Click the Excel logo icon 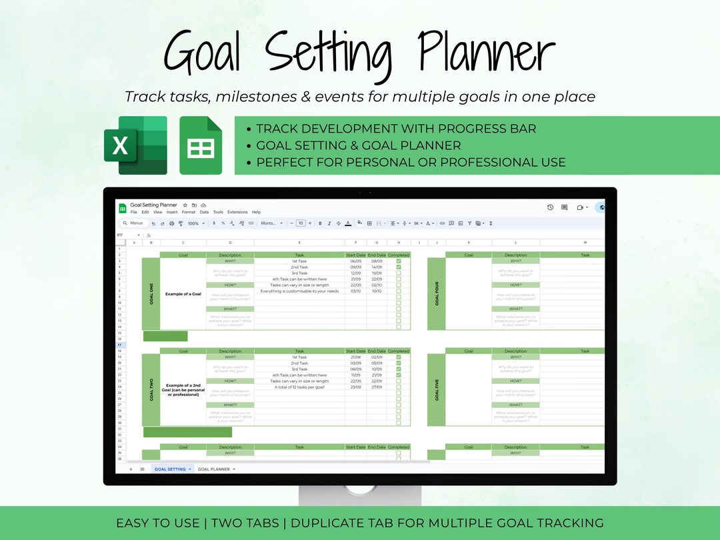[135, 145]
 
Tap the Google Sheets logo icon [201, 145]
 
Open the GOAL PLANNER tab [213, 469]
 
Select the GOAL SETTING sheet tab [171, 469]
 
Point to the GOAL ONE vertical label [151, 294]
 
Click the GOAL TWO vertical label [151, 390]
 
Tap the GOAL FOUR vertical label [437, 294]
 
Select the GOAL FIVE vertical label [437, 390]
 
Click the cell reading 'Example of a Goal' [183, 294]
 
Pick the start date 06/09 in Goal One [356, 261]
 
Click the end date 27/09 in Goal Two [377, 387]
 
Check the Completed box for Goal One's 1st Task [399, 261]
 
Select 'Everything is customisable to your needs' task [299, 291]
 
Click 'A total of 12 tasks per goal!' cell [299, 387]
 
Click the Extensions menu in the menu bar [237, 212]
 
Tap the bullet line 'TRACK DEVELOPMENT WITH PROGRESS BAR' [396, 129]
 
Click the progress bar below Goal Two [187, 432]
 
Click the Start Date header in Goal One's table [356, 255]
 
